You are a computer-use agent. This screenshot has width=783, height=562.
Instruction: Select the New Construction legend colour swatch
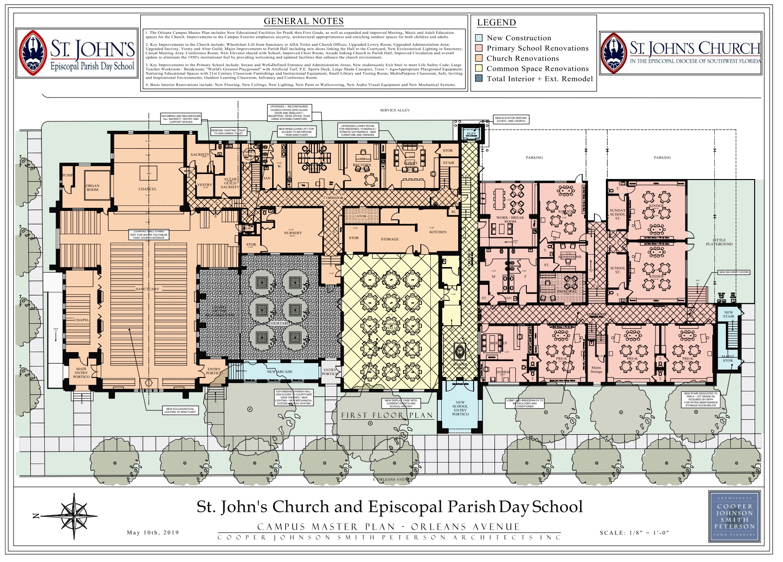(x=479, y=38)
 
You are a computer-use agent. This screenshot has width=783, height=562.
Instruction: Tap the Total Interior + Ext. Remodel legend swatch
(x=479, y=79)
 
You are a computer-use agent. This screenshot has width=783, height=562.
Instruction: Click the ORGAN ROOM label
(x=93, y=187)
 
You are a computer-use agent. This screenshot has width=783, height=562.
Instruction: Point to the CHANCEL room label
(x=147, y=189)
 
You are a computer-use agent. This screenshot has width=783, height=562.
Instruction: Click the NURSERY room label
(x=293, y=233)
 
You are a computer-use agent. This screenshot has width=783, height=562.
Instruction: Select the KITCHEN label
(x=438, y=232)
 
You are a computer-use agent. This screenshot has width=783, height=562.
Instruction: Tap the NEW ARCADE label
(x=280, y=372)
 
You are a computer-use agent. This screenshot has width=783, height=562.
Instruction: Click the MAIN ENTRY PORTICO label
(x=81, y=373)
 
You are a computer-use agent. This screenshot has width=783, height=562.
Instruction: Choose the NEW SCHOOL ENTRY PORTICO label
(x=460, y=408)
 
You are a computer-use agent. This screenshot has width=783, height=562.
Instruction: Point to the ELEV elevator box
(x=471, y=133)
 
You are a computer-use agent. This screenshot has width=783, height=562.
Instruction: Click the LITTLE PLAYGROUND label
(x=719, y=242)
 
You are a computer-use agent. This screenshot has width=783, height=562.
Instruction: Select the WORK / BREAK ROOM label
(x=510, y=219)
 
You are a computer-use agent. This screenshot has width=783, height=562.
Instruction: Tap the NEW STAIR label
(x=728, y=314)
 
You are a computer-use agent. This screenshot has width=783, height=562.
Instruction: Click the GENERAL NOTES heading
(x=303, y=21)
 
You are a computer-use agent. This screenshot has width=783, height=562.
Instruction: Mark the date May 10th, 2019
(x=153, y=532)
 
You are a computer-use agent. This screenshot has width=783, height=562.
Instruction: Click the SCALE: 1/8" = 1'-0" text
(x=634, y=533)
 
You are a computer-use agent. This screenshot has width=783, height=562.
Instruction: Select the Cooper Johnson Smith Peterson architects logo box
(x=734, y=516)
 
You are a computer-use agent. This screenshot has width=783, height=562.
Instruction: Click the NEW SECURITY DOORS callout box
(x=734, y=273)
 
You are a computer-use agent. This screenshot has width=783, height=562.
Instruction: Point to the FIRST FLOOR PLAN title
(x=387, y=415)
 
